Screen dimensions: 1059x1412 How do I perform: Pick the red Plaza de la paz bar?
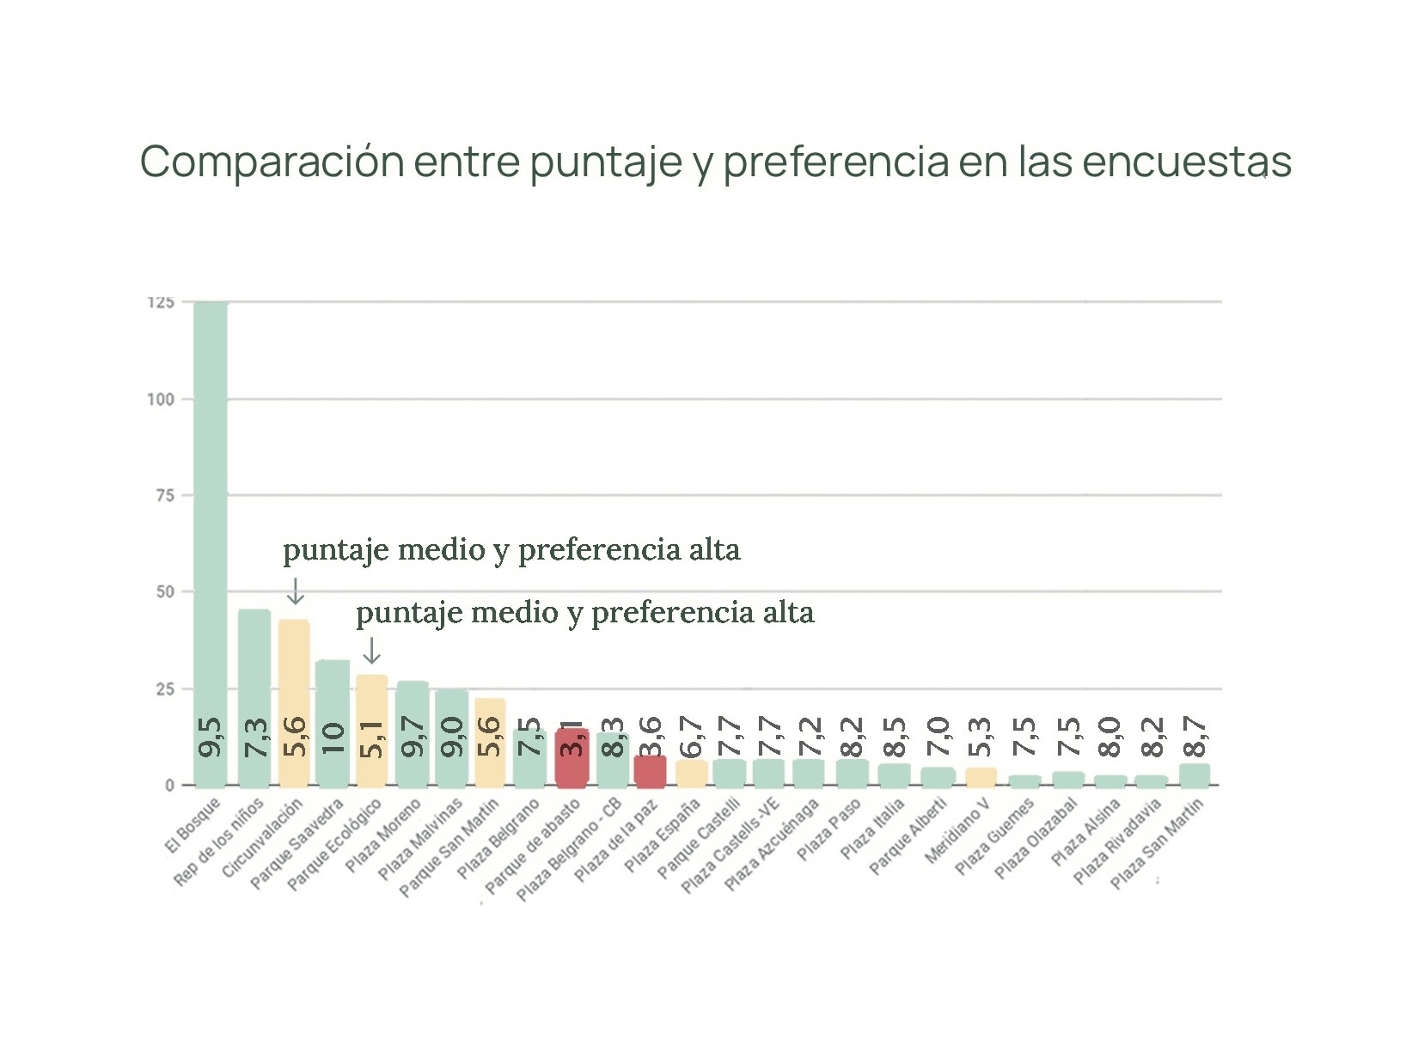click(650, 771)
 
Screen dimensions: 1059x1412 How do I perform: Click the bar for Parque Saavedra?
click(333, 705)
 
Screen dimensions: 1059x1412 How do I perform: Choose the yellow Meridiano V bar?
click(981, 777)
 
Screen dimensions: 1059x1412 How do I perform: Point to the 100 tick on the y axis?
click(161, 399)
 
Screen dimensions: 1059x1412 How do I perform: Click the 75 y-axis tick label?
click(164, 495)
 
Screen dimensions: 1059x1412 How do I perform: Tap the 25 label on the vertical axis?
click(164, 689)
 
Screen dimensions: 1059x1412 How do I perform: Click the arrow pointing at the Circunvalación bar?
click(295, 591)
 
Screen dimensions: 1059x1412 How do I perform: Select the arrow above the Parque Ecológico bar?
click(371, 651)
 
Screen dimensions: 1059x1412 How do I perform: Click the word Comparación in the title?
click(272, 162)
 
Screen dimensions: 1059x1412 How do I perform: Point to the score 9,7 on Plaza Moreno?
click(413, 738)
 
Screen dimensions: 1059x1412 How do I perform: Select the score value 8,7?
click(1195, 738)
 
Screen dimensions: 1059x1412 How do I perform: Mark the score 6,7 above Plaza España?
click(691, 738)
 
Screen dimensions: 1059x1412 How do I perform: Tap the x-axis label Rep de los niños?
click(219, 842)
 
